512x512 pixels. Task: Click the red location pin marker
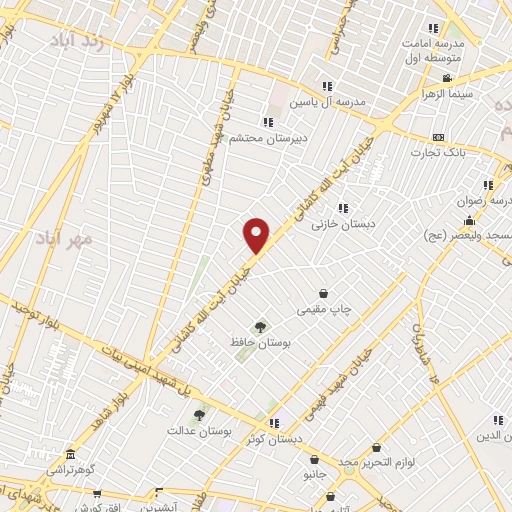pyautogui.click(x=257, y=234)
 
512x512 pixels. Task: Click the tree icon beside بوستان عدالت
pyautogui.click(x=199, y=414)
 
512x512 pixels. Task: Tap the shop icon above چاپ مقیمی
pyautogui.click(x=323, y=294)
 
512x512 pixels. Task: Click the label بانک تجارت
pyautogui.click(x=437, y=153)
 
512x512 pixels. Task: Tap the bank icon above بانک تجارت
pyautogui.click(x=437, y=137)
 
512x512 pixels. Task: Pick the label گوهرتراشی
pyautogui.click(x=69, y=469)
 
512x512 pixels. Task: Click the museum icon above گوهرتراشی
pyautogui.click(x=69, y=453)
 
